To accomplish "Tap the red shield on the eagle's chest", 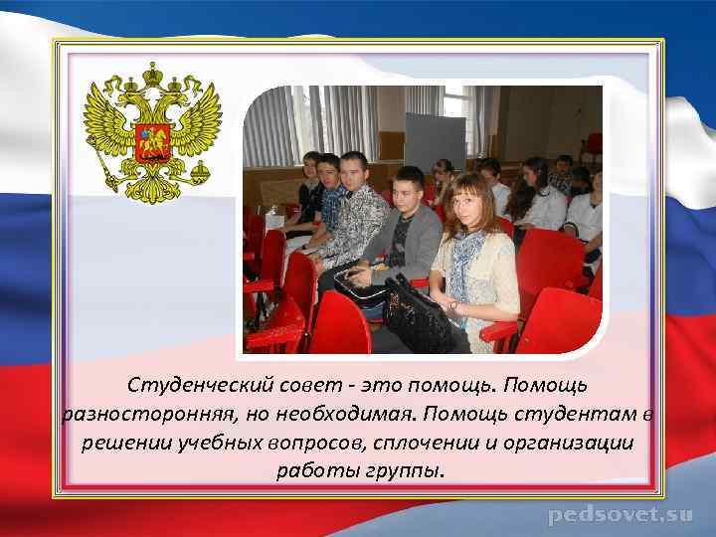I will tap(152, 141).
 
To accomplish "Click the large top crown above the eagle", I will tap(153, 75).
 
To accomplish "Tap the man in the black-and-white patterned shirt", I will tap(359, 214).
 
